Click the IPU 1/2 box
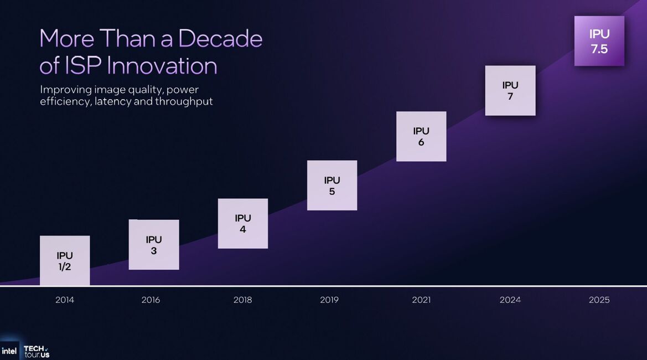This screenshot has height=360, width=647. pyautogui.click(x=65, y=260)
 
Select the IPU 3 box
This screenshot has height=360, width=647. pyautogui.click(x=154, y=244)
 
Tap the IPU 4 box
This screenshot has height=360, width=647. pyautogui.click(x=242, y=223)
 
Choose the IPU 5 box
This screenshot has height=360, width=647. pyautogui.click(x=332, y=186)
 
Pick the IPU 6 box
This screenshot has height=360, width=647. pyautogui.click(x=421, y=136)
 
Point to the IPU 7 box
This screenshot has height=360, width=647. pyautogui.click(x=510, y=90)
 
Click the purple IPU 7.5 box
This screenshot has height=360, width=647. pyautogui.click(x=599, y=41)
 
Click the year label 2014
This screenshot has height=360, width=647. pyautogui.click(x=65, y=300)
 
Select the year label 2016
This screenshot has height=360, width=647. pyautogui.click(x=151, y=300)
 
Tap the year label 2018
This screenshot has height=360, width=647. pyautogui.click(x=242, y=300)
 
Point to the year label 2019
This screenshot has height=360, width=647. pyautogui.click(x=329, y=300)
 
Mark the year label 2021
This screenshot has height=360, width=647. pyautogui.click(x=421, y=300)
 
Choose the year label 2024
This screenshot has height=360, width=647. pyautogui.click(x=510, y=300)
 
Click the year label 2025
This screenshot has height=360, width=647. pyautogui.click(x=599, y=300)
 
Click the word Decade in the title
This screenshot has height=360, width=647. pyautogui.click(x=220, y=38)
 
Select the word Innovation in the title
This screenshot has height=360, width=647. pyautogui.click(x=162, y=66)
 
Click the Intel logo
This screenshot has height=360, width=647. pyautogui.click(x=9, y=351)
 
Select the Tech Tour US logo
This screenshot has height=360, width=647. pyautogui.click(x=37, y=352)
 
